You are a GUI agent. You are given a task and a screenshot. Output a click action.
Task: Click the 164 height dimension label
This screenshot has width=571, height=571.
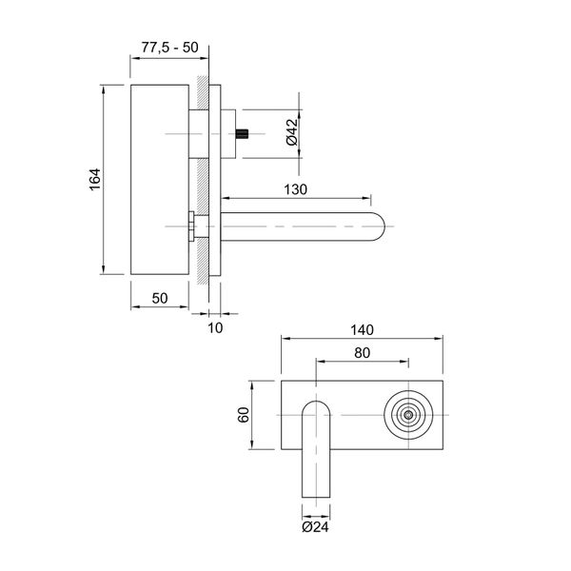coord(95,183)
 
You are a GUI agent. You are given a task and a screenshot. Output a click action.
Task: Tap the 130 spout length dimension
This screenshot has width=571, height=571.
coord(295,189)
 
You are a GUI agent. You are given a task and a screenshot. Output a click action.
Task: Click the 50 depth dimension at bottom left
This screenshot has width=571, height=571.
coord(159,299)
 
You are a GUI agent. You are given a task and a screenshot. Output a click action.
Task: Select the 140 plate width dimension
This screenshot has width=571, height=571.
coord(363,330)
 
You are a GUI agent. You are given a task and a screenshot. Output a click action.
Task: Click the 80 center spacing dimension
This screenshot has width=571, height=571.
coord(363,352)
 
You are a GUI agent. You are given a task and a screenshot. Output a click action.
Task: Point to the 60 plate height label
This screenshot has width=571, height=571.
coord(244,416)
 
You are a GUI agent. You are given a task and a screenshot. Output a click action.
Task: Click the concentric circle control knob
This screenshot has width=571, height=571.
coord(408,416)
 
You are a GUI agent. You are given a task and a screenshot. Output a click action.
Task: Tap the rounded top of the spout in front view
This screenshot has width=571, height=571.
coord(317,407)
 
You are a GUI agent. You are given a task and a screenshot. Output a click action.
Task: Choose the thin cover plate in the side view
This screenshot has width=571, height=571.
coord(216,181)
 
